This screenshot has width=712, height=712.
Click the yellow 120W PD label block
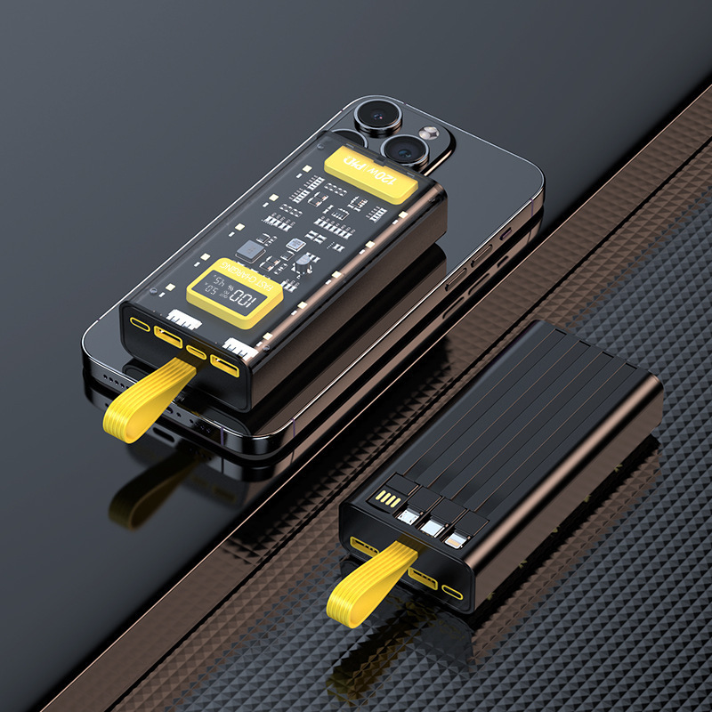pos(371,173)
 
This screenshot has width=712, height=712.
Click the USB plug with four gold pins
pos(386,500)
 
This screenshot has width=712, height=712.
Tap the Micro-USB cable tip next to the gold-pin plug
pos(410,514)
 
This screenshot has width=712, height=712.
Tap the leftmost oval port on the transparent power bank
pos(142,323)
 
